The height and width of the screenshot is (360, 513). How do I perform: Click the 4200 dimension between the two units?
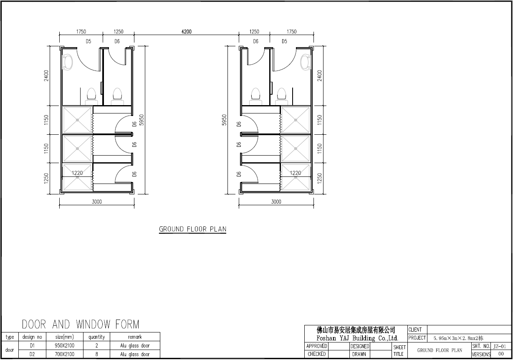pyautogui.click(x=187, y=32)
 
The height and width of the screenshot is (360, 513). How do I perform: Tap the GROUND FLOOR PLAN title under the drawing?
pyautogui.click(x=192, y=229)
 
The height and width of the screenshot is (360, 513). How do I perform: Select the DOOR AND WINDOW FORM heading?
pyautogui.click(x=81, y=324)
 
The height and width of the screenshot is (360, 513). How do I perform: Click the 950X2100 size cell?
pyautogui.click(x=65, y=345)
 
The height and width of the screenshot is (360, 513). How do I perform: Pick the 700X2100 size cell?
pyautogui.click(x=65, y=354)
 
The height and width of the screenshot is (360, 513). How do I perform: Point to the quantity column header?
pyautogui.click(x=97, y=337)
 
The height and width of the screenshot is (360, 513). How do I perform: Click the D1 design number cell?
pyautogui.click(x=32, y=345)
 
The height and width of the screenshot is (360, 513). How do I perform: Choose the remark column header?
pyautogui.click(x=135, y=337)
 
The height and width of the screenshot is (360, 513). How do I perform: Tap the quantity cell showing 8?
pyautogui.click(x=97, y=354)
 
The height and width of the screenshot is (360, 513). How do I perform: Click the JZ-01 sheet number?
pyautogui.click(x=500, y=346)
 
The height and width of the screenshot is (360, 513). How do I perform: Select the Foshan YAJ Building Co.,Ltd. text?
pyautogui.click(x=357, y=338)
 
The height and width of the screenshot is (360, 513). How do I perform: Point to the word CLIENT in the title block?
pyautogui.click(x=415, y=330)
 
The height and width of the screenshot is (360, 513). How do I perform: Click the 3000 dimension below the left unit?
pyautogui.click(x=97, y=201)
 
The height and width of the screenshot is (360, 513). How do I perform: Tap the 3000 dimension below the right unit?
pyautogui.click(x=276, y=201)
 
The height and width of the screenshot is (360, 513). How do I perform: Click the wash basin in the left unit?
pyautogui.click(x=67, y=62)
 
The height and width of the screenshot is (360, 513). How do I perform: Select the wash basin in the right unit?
pyautogui.click(x=306, y=62)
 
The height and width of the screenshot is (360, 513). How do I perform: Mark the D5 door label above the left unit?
pyautogui.click(x=88, y=41)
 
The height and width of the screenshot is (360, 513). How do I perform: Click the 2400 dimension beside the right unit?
pyautogui.click(x=319, y=76)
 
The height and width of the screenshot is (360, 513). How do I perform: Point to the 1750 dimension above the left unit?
pyautogui.click(x=81, y=32)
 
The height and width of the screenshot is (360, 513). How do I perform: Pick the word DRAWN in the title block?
pyautogui.click(x=359, y=354)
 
